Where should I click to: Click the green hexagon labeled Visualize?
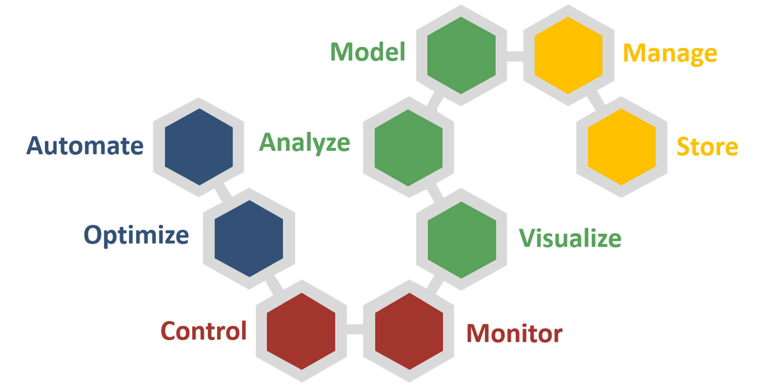tap(461, 239)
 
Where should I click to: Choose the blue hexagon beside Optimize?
tap(249, 238)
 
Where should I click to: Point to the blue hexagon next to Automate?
tap(199, 146)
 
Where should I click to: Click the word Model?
tap(368, 52)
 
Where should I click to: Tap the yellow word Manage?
tap(670, 53)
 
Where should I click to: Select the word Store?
tap(707, 146)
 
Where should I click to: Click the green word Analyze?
tap(305, 143)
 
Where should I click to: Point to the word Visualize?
tap(570, 238)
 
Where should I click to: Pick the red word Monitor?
tap(514, 333)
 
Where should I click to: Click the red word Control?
tap(204, 331)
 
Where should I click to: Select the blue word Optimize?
tap(136, 235)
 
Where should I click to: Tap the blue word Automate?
tap(85, 146)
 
